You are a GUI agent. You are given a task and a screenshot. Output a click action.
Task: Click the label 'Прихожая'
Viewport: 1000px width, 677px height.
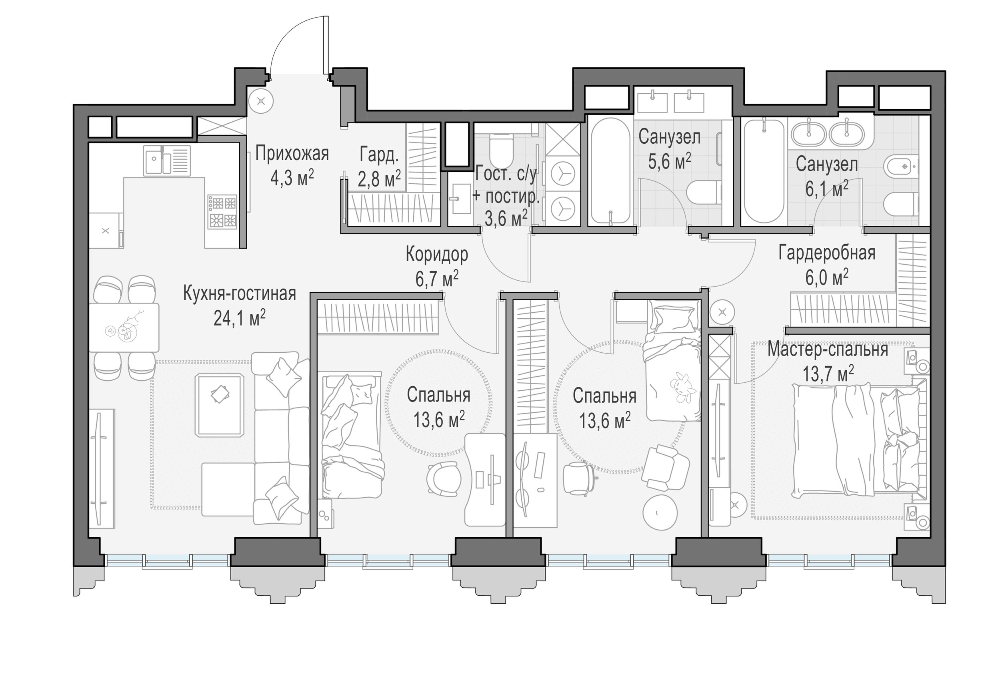tap(292, 154)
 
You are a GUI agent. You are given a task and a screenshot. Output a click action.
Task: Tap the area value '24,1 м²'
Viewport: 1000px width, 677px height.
tap(239, 319)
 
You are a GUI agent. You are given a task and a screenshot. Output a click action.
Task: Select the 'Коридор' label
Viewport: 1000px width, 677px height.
tap(437, 255)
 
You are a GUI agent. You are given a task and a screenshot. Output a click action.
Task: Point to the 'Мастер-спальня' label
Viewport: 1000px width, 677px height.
tap(828, 349)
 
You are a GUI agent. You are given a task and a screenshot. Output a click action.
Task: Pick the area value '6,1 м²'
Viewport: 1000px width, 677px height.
tap(826, 189)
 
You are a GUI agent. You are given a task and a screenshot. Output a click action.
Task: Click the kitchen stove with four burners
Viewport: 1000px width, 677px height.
tap(223, 211)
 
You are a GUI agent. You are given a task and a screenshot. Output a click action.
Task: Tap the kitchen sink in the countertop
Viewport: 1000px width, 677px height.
tap(167, 160)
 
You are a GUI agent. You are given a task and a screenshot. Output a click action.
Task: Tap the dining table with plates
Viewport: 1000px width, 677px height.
tap(124, 328)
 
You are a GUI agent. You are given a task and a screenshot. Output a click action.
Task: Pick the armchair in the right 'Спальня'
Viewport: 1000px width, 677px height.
tap(665, 468)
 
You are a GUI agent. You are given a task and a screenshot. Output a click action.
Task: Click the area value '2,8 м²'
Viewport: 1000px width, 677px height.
tap(380, 178)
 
